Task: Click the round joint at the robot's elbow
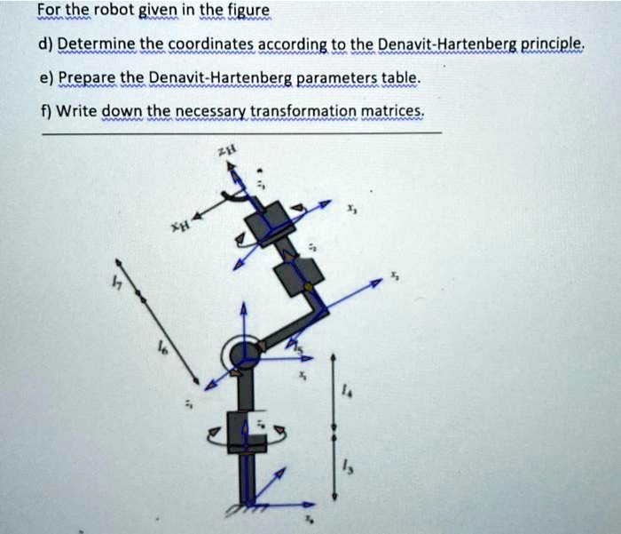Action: pyautogui.click(x=244, y=355)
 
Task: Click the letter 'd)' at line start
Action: pyautogui.click(x=46, y=44)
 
